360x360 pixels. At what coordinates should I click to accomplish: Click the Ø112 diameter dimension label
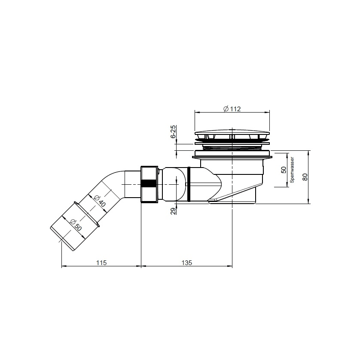[232, 109]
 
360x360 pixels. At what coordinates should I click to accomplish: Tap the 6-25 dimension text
[174, 131]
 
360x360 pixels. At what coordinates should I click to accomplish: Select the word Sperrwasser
[292, 170]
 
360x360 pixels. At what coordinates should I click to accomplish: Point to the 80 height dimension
[305, 177]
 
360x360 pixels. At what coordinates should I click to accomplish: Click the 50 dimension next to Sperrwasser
[284, 170]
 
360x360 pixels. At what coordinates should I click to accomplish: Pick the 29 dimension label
[174, 211]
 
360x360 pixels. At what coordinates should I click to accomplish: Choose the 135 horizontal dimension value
[186, 262]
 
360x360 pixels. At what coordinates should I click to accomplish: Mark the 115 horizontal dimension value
[101, 262]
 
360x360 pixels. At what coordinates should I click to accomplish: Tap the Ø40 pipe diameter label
[100, 201]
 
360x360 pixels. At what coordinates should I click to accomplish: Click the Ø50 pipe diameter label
[76, 225]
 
